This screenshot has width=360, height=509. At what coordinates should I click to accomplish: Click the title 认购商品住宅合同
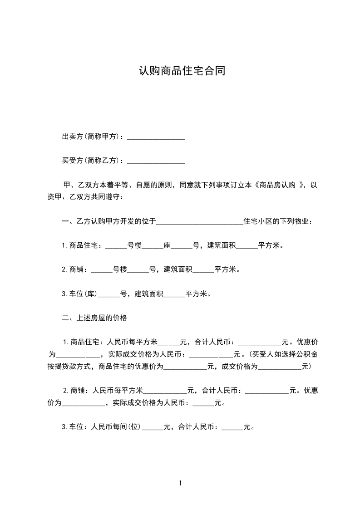[x=182, y=72]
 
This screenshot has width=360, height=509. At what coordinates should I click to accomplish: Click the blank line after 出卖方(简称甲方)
[x=156, y=137]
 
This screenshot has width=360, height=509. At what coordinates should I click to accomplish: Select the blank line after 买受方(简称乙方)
[x=156, y=161]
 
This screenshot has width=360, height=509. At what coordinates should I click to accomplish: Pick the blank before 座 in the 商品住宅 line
[x=153, y=246]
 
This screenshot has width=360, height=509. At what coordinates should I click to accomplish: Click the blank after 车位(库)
[x=109, y=294]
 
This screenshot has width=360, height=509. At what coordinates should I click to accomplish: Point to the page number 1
[x=180, y=484]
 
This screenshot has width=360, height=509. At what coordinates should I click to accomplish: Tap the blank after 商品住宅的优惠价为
[x=185, y=367]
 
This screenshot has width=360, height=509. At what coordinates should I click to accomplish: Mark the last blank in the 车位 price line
[x=232, y=427]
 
